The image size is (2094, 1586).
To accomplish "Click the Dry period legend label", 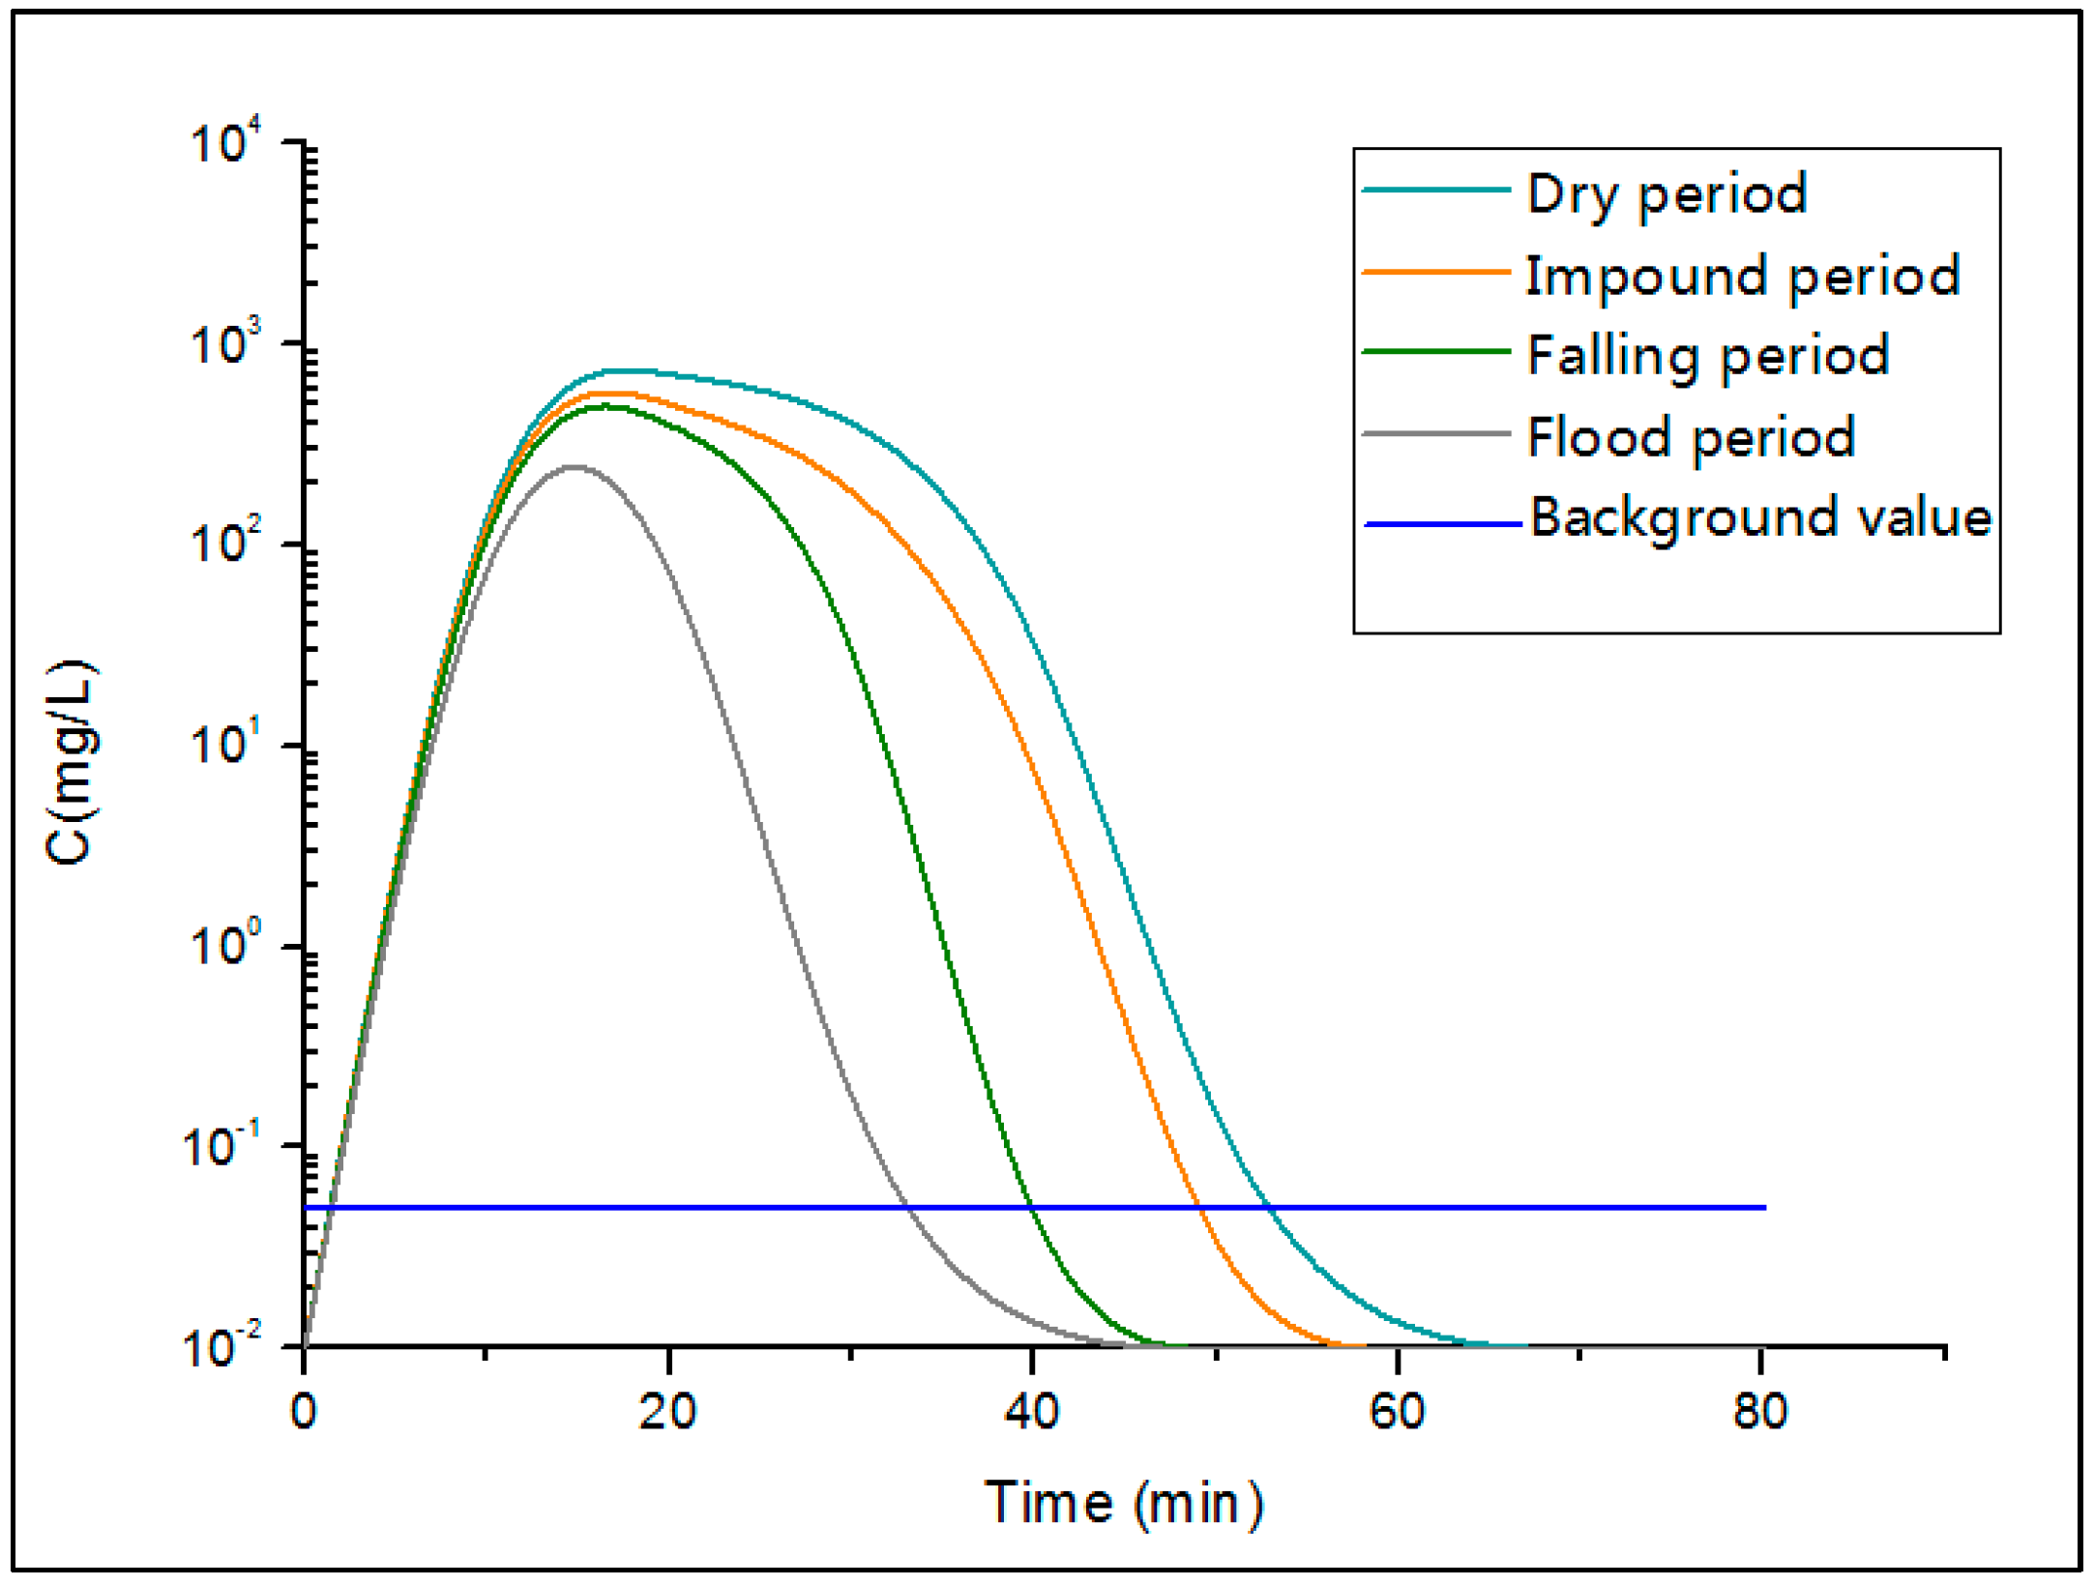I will coord(1666,193).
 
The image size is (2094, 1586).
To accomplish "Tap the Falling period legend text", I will coord(1708,355).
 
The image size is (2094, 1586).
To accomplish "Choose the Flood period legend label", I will coord(1691,437).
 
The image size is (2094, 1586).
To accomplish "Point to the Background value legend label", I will coord(1760,517).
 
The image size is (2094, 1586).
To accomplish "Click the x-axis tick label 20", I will coord(667,1413).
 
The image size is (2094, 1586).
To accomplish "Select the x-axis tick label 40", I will coord(1032,1413).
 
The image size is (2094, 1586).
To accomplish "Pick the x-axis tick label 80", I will coord(1760,1413).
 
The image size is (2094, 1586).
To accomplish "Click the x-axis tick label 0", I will coord(304,1413).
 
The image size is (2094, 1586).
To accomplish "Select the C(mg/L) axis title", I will coord(72,762).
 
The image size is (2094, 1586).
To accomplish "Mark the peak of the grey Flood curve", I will coord(575,467).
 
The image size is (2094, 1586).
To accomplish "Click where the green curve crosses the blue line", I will coord(1030,1207).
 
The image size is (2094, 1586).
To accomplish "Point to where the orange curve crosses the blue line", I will coord(1200,1207).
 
